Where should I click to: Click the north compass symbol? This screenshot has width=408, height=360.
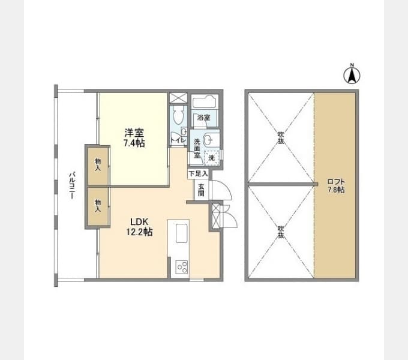pos(352,75)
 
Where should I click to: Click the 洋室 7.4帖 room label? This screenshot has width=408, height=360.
pos(134,137)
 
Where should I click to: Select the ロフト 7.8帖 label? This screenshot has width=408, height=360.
pos(335,185)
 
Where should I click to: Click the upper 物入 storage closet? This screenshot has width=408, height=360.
pos(97,164)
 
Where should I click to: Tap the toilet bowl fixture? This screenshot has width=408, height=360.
pos(178,115)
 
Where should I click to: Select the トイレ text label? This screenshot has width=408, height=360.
pos(178,140)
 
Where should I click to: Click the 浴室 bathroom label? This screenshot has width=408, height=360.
pos(205,118)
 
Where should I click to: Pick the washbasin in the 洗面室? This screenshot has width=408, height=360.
pos(207,140)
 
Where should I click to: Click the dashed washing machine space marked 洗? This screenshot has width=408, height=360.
pos(211,157)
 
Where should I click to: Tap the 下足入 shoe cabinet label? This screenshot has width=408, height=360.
pos(199,173)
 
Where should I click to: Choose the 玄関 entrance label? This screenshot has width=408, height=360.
pos(201,189)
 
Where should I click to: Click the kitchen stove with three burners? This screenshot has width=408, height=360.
pos(181,266)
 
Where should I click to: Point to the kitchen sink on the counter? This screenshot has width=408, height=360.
pos(181,232)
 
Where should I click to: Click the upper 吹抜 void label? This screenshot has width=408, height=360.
pos(280,137)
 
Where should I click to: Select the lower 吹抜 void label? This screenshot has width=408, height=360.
pos(280,232)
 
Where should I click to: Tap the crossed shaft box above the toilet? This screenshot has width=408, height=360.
pos(178,98)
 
